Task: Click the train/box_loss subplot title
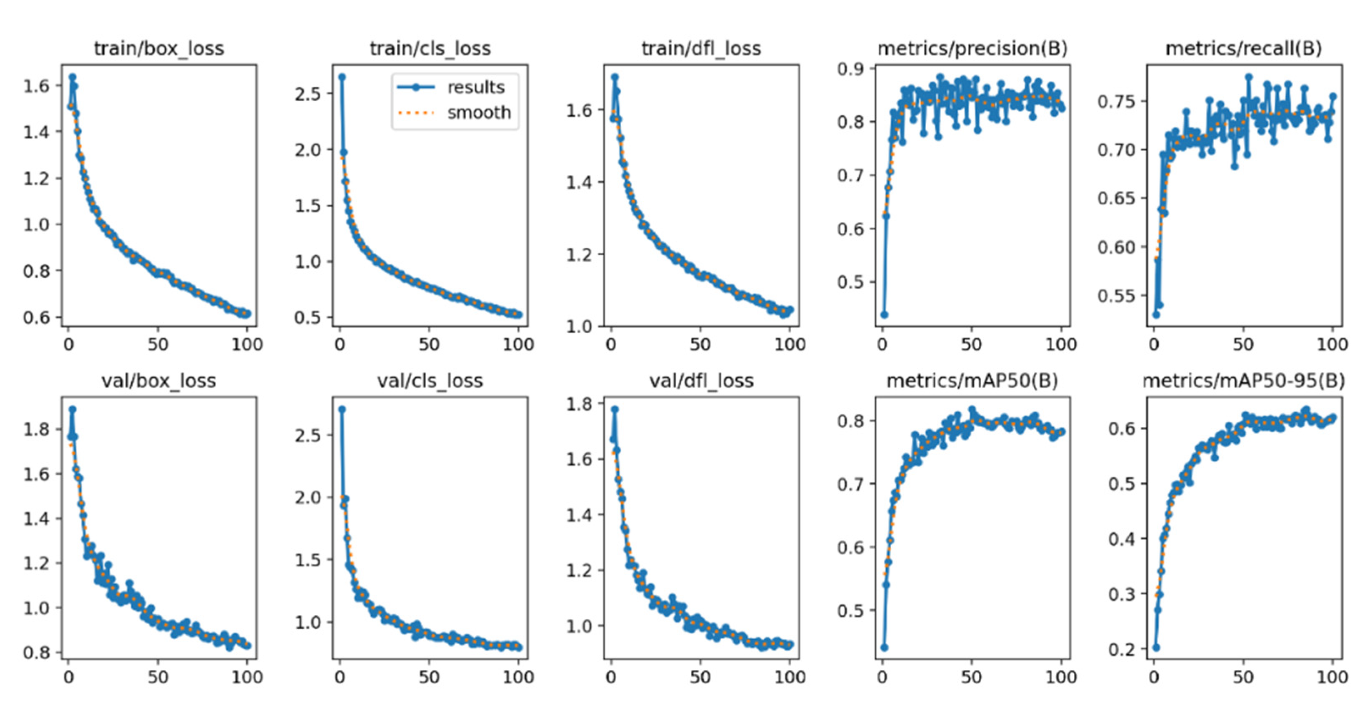point(159,49)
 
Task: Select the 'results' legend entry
point(475,87)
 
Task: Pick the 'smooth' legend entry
point(478,113)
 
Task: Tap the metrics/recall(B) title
point(1244,49)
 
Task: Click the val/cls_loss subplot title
point(430,381)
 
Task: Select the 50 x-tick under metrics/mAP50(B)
point(971,677)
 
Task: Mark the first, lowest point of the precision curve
point(884,315)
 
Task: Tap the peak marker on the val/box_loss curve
point(72,409)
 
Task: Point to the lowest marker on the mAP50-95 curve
point(1156,647)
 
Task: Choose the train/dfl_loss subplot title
point(701,49)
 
